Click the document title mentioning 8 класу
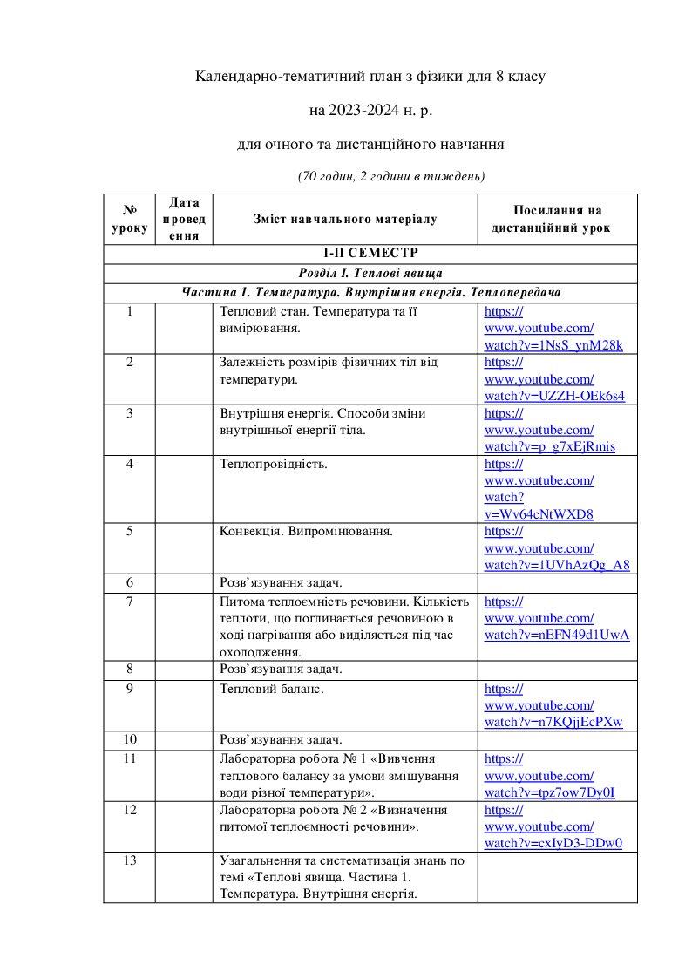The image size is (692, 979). pos(370,78)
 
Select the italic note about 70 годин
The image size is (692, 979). pos(391,176)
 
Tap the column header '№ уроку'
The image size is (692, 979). pos(130,219)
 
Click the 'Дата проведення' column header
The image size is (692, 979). pos(184,219)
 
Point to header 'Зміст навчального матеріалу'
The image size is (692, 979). pos(345,219)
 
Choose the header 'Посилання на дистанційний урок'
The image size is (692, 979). pos(557,219)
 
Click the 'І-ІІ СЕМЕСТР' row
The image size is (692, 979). pos(370,254)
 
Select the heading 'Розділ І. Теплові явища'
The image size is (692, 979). pos(370,272)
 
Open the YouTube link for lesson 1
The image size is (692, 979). pos(553,328)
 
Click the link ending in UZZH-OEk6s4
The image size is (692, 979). pos(553,395)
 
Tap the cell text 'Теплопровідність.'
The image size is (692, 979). pos(274,464)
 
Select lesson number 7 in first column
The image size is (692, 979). pos(129,602)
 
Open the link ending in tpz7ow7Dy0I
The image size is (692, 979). pos(549,792)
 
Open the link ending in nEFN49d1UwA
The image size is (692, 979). pos(556,634)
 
